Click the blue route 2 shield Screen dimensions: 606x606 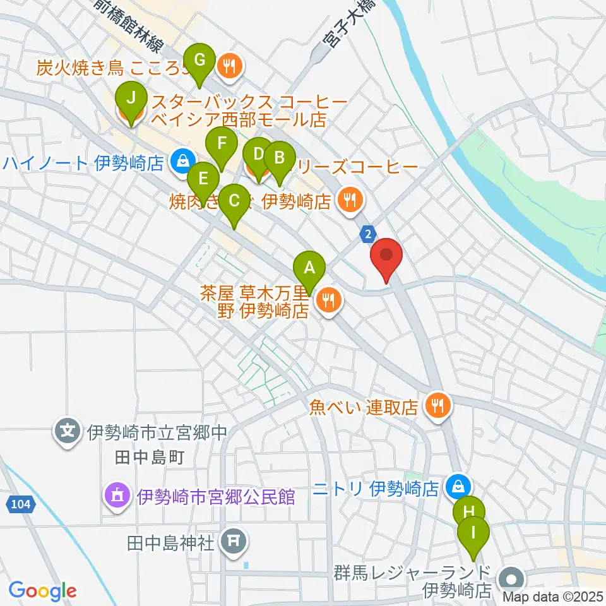367,234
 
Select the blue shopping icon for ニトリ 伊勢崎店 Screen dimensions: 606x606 456,486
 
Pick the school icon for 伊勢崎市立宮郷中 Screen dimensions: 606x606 68,432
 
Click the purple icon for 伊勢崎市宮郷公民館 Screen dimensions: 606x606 117,494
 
